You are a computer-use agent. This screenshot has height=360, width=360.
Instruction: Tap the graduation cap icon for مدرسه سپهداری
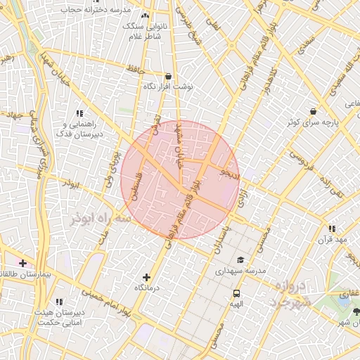tap(240, 259)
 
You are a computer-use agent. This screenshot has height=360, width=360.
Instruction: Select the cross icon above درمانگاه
tap(146, 278)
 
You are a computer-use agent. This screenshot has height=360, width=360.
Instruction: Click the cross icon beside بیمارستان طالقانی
tap(23, 262)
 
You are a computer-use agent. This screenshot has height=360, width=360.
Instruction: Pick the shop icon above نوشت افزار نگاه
tap(168, 76)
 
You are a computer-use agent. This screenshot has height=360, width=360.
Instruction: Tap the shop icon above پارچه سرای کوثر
tap(313, 111)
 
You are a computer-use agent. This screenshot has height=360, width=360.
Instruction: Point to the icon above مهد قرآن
tap(331, 229)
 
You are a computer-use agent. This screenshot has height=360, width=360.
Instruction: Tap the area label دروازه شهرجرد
tap(287, 294)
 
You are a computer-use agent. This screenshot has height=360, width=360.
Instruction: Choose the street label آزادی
tap(242, 198)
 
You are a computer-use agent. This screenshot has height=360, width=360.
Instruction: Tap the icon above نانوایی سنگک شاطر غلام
tap(146, 15)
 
